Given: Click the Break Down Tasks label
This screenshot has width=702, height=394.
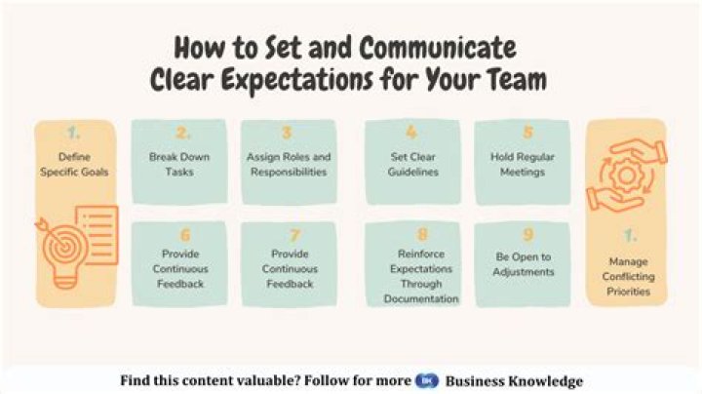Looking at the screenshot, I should click(179, 164).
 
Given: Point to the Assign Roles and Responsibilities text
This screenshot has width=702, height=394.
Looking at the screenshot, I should click(289, 164).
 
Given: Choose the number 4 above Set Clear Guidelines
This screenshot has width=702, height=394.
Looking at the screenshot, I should click(411, 134).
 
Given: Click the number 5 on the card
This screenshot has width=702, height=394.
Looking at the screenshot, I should click(527, 134).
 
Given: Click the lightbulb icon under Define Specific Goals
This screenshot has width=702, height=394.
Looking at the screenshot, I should click(60, 254).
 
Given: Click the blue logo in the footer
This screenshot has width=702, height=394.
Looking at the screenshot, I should click(422, 381).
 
